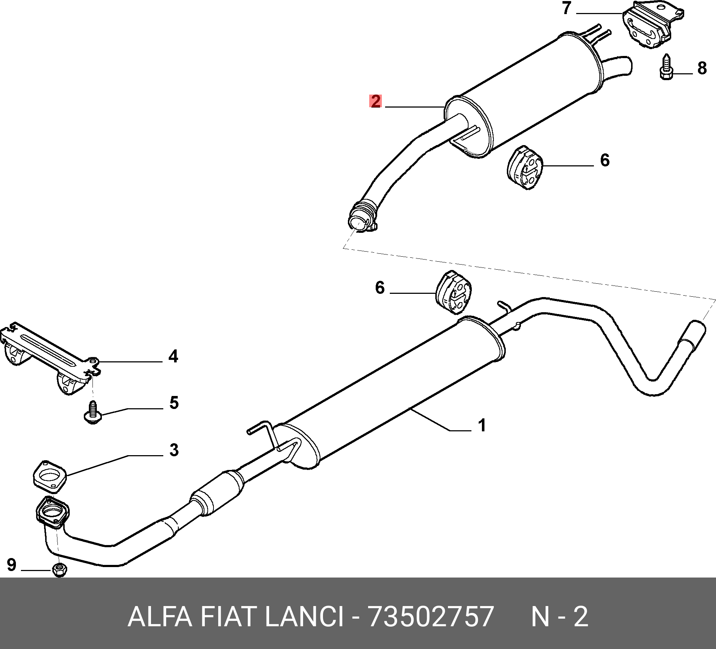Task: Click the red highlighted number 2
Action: pyautogui.click(x=376, y=101)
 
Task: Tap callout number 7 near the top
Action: pyautogui.click(x=566, y=8)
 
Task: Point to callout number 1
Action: pyautogui.click(x=482, y=425)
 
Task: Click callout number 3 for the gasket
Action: pyautogui.click(x=174, y=450)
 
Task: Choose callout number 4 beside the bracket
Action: pyautogui.click(x=173, y=356)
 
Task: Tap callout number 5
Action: pyautogui.click(x=174, y=403)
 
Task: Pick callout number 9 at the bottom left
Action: pyautogui.click(x=12, y=565)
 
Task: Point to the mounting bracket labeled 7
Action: pyautogui.click(x=652, y=25)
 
